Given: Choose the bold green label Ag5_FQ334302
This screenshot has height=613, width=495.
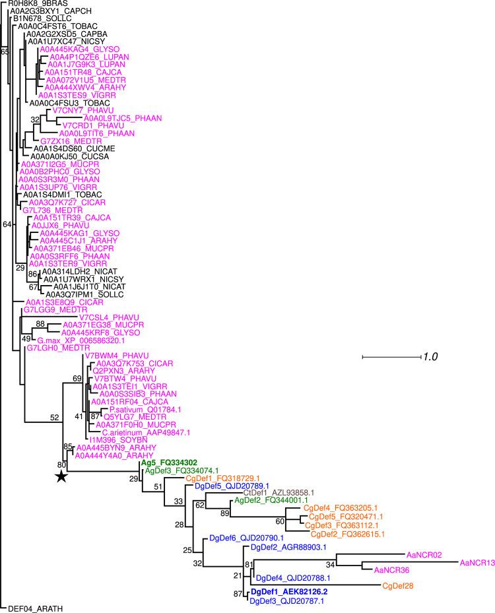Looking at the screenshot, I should click(170, 463).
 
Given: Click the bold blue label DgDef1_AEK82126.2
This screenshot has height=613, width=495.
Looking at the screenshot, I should click(292, 591).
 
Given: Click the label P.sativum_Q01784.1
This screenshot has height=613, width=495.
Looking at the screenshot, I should click(143, 409).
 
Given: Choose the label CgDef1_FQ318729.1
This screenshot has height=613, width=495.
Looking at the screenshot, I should click(222, 478).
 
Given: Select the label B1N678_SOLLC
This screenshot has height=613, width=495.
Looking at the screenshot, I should click(42, 18).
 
